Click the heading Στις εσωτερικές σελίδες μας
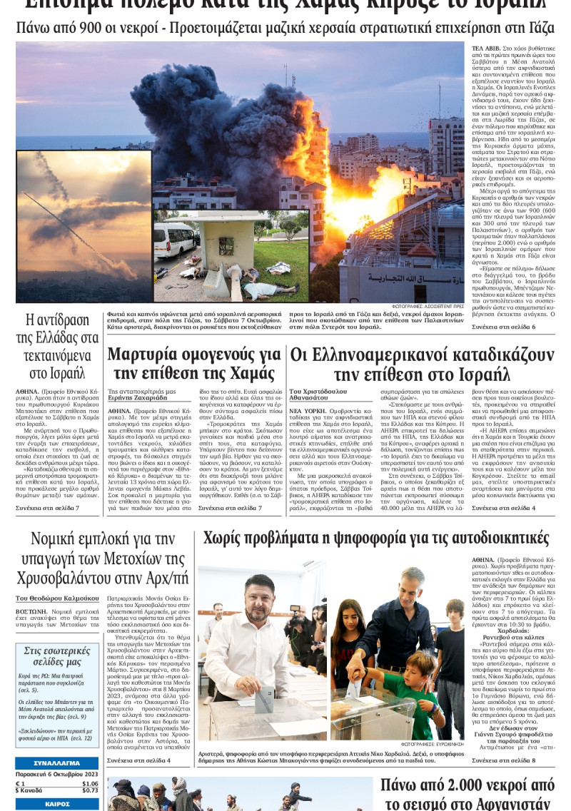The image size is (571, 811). click(57, 657)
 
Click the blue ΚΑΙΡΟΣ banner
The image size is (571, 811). click(57, 804)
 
